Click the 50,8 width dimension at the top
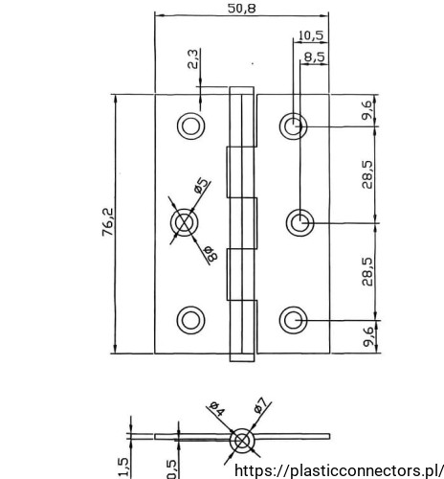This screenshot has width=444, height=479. point(241,9)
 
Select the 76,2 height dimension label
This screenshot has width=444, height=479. point(108,222)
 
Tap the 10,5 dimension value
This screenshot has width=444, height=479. point(311,35)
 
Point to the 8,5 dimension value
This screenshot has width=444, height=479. point(315,57)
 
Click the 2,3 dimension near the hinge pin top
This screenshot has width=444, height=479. point(193,59)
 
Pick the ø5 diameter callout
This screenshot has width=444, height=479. point(202,186)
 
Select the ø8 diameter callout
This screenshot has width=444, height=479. point(211,254)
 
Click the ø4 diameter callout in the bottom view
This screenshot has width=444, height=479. point(217,409)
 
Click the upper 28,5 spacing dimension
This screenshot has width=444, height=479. point(367,174)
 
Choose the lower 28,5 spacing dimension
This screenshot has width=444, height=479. point(367,271)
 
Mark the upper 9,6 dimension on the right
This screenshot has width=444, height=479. point(366,110)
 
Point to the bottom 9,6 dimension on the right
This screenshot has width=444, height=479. point(367,336)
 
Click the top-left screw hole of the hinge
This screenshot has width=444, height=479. point(190,125)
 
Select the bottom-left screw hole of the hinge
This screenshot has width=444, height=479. point(190,320)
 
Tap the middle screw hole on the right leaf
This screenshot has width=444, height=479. point(300,223)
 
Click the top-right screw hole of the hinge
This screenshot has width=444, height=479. point(293,125)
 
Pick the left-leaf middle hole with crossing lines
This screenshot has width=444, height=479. point(184,222)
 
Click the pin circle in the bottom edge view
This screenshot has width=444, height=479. point(242,441)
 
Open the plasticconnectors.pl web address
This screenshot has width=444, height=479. point(339,470)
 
